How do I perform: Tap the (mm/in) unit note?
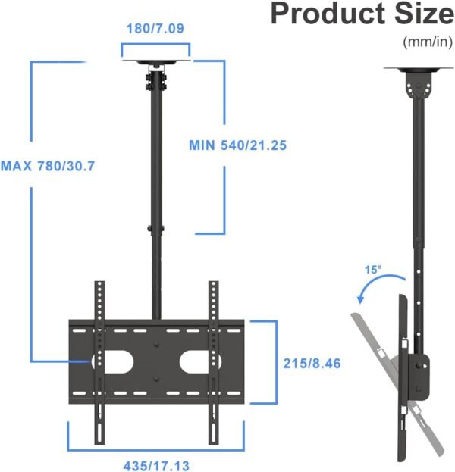pos(428,42)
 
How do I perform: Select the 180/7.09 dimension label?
pos(155,30)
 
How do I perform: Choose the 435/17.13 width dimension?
pos(157,464)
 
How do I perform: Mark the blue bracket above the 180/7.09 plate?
pos(155,48)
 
